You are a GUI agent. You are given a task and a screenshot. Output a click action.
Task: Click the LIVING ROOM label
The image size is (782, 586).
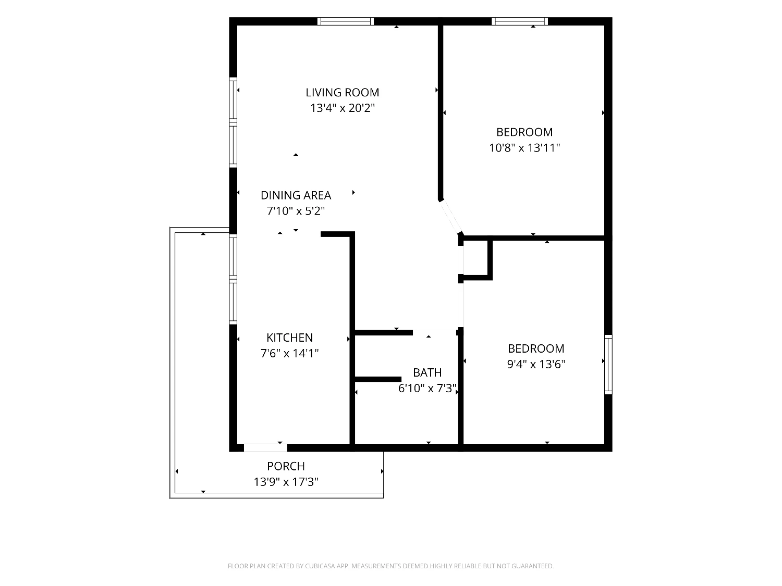[342, 93]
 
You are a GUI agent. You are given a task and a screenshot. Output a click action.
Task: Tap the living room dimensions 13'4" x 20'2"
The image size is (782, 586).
[343, 108]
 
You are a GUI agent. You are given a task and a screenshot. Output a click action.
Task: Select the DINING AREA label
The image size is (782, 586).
[296, 195]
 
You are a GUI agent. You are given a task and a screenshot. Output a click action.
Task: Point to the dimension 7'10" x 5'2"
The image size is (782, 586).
[296, 211]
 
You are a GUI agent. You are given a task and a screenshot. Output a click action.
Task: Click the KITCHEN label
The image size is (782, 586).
[290, 338]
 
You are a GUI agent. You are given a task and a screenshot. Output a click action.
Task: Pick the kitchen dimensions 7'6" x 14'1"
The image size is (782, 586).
[290, 353]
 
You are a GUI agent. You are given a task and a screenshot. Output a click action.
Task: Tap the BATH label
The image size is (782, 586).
[427, 372]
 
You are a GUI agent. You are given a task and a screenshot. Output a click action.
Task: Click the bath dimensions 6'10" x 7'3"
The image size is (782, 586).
[427, 388]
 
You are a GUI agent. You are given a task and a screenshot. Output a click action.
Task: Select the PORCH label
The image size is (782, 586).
[286, 466]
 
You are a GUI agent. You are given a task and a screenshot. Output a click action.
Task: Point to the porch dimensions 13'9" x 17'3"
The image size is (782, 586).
[286, 482]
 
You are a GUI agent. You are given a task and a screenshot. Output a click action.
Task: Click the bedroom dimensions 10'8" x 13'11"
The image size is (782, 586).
[524, 147]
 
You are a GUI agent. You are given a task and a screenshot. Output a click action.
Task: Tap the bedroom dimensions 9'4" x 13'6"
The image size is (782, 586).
[536, 364]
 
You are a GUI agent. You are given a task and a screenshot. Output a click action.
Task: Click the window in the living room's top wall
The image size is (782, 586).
[346, 21]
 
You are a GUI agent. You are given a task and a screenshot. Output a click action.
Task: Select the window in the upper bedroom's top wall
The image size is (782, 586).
[520, 21]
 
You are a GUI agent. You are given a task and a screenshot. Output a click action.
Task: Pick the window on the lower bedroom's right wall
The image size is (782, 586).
[608, 364]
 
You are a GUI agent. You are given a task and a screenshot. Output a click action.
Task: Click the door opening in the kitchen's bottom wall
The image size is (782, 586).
[265, 447]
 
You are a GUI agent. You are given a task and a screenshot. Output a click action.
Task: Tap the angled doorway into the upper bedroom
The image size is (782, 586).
[450, 217]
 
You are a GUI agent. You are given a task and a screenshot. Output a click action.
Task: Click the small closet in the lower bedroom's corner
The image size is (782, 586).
[476, 258]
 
